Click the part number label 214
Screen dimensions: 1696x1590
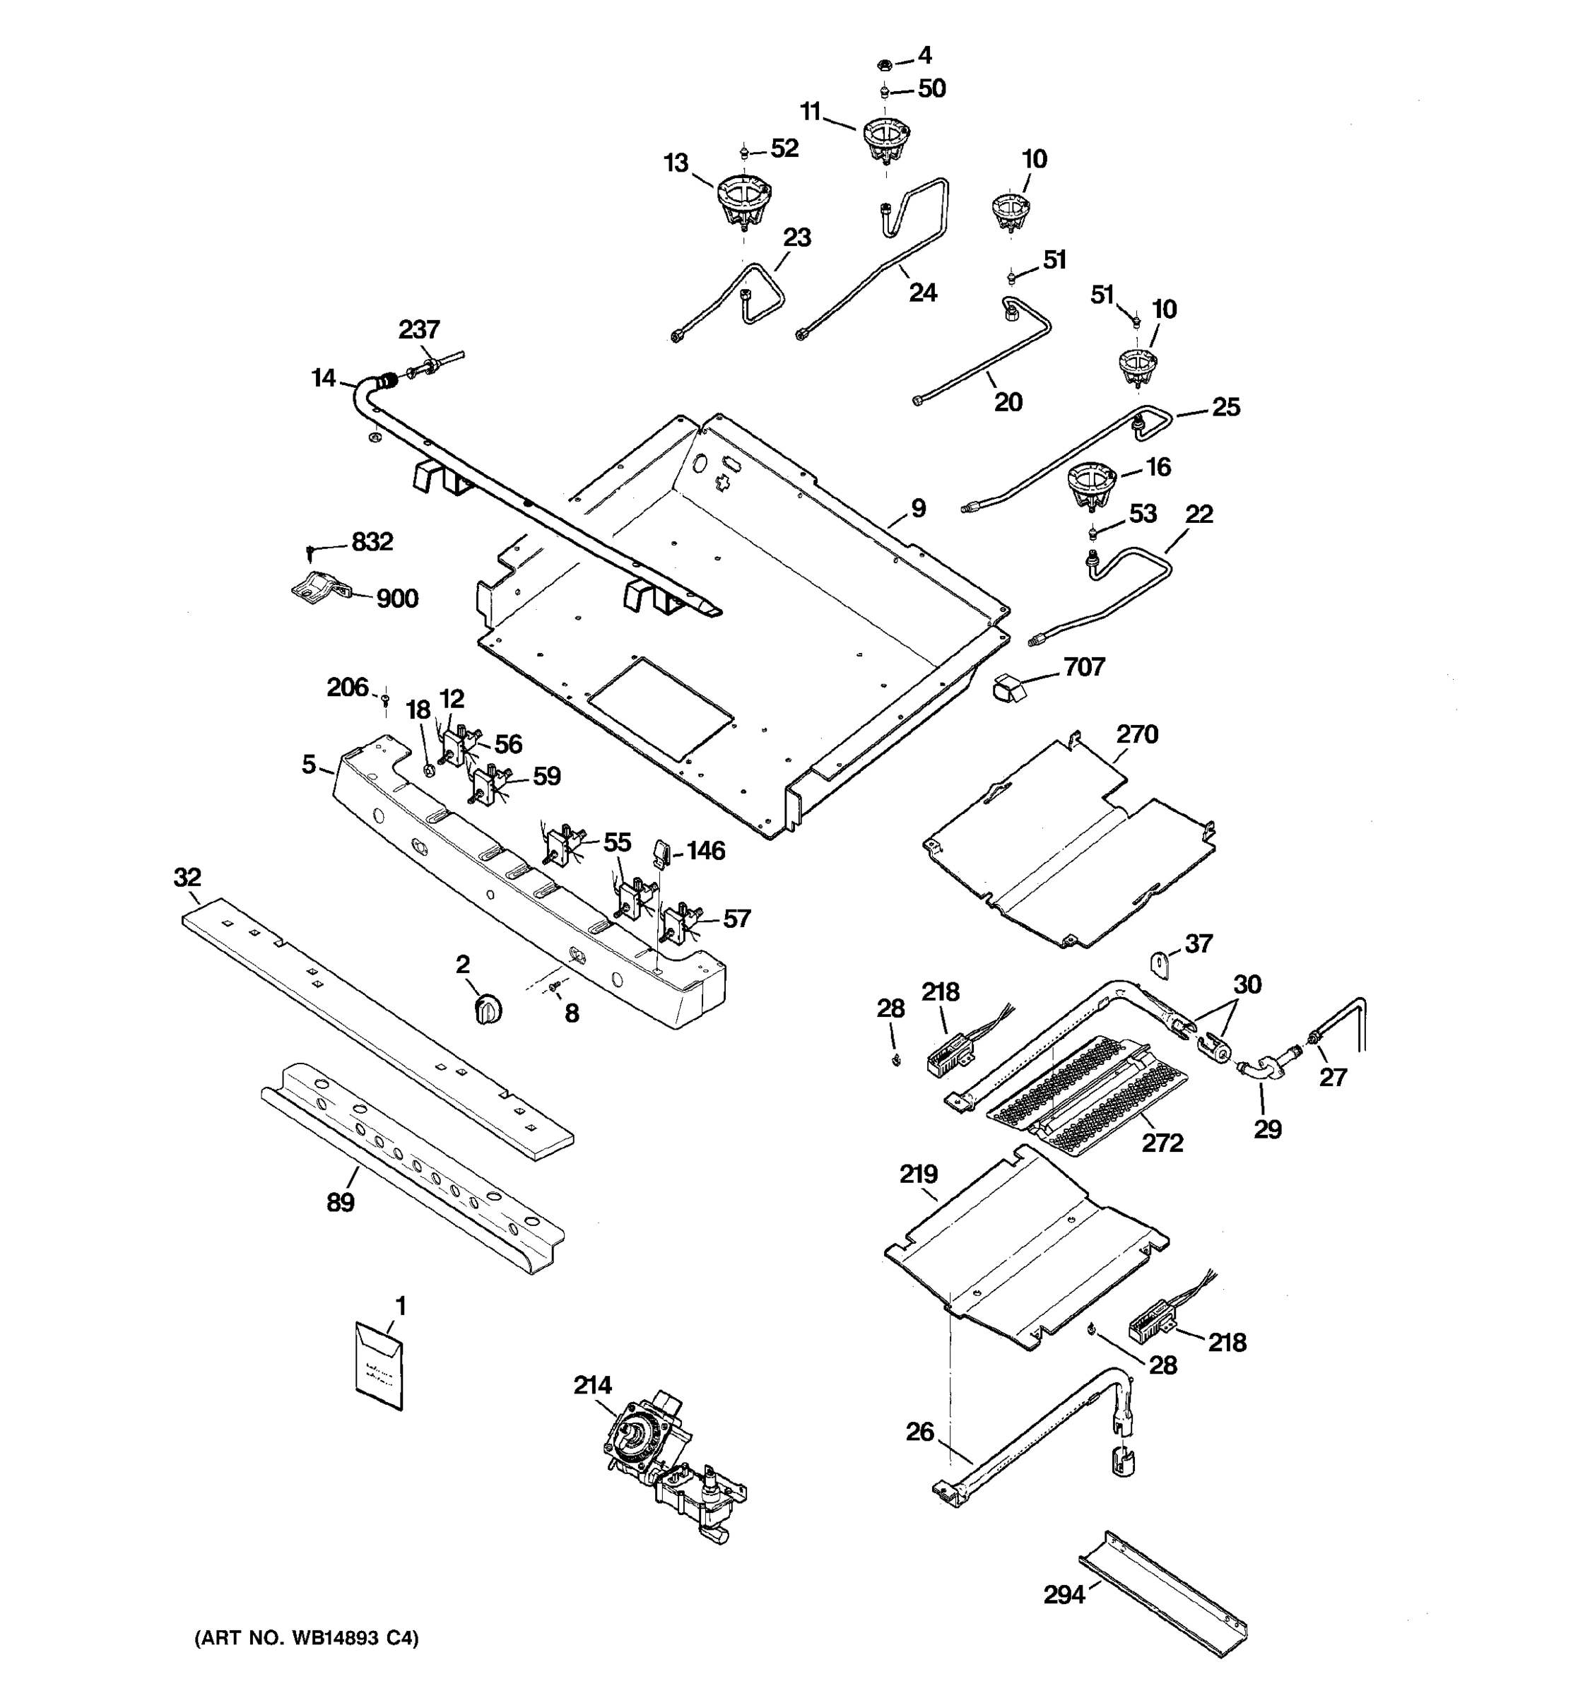pos(592,1386)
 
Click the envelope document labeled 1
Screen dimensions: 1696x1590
pos(378,1366)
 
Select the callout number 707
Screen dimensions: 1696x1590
pos(1083,666)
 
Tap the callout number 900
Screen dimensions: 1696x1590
pos(397,599)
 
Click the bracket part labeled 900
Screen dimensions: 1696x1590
pos(316,588)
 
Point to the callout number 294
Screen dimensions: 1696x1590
pos(1064,1594)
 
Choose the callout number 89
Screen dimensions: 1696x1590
pos(341,1203)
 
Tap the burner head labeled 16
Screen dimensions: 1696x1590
pos(1093,485)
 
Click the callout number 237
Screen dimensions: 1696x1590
pos(419,329)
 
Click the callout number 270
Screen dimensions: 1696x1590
pos(1137,734)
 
